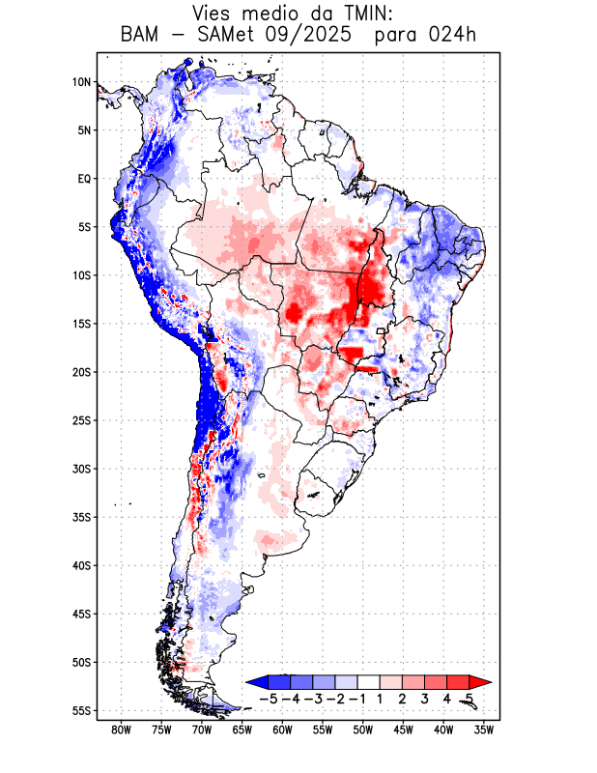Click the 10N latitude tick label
pos(80,82)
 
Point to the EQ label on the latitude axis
pos(83,179)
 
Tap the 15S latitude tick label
pos(80,324)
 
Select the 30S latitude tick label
pos(80,469)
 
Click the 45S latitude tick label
pos(80,614)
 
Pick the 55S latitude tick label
pos(80,711)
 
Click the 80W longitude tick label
pos(121,730)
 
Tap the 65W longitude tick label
pos(242,730)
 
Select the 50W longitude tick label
pos(363,730)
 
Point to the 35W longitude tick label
pos(484,730)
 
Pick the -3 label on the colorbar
pos(313,698)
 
